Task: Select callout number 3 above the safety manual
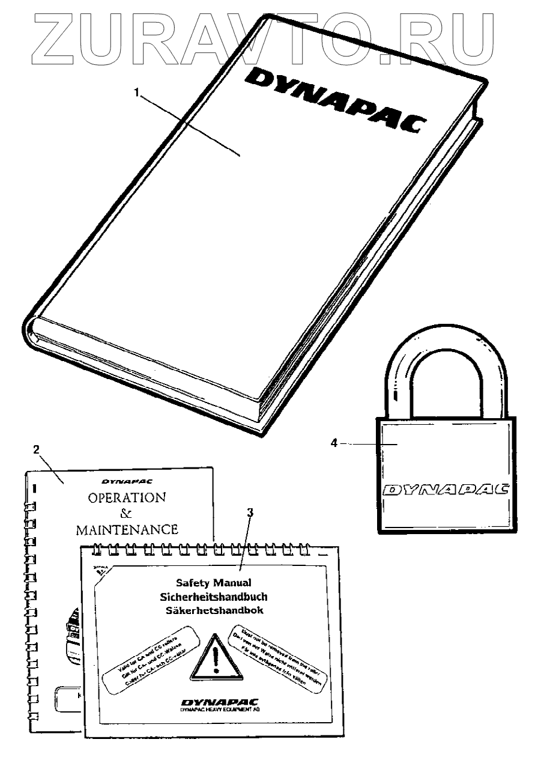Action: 250,512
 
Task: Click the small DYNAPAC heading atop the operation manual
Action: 126,481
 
